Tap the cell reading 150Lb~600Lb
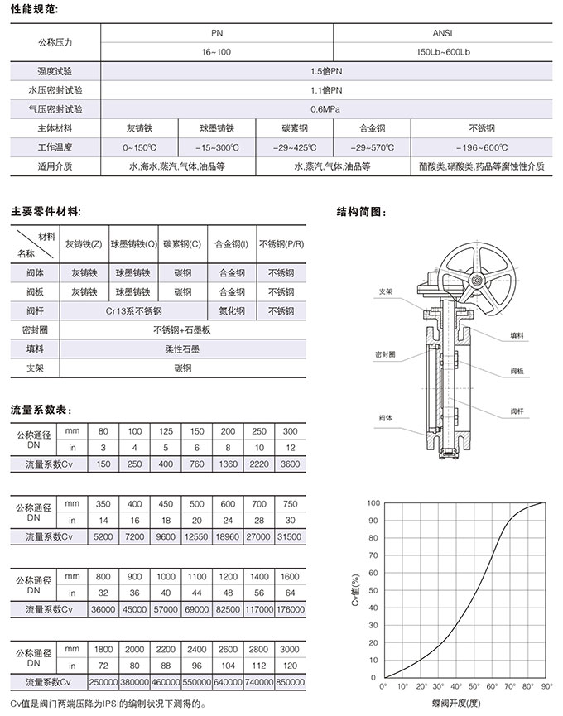click(442, 52)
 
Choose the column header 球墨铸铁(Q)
click(133, 244)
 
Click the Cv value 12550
click(196, 537)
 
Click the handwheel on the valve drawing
click(473, 277)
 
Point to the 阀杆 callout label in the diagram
click(518, 411)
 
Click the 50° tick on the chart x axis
click(474, 687)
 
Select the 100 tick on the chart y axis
click(373, 503)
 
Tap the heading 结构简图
click(362, 212)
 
